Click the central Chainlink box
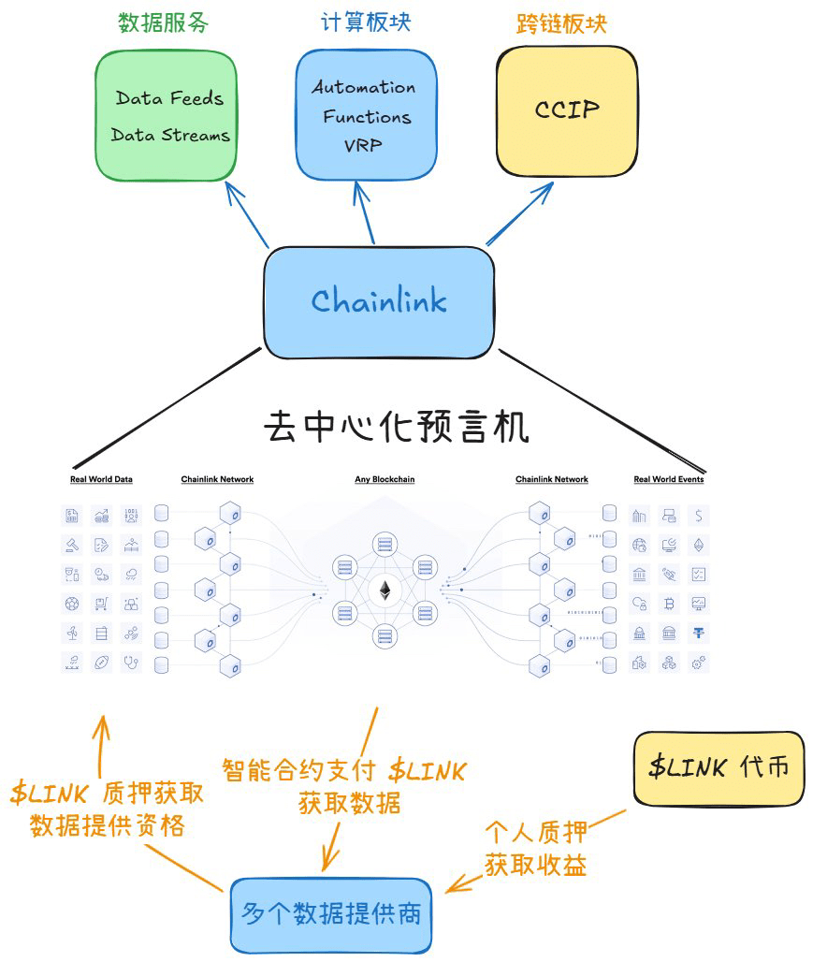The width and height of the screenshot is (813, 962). tap(378, 301)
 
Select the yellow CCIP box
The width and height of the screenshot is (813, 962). tap(566, 109)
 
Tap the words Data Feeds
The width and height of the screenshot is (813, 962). tap(169, 98)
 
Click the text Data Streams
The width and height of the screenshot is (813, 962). tap(169, 135)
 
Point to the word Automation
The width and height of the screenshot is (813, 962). tap(364, 87)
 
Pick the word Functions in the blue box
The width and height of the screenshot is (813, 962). tap(367, 117)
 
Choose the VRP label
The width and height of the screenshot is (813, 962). tap(363, 147)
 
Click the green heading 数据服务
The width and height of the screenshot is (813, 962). tap(164, 23)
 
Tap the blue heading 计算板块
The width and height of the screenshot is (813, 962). tap(366, 23)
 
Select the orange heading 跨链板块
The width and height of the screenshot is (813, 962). tap(561, 23)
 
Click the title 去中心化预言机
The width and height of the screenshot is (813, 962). tap(397, 427)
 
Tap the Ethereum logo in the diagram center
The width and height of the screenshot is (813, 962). tap(385, 590)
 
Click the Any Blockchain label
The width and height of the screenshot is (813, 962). tap(385, 480)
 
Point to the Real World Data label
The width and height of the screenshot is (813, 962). tap(101, 480)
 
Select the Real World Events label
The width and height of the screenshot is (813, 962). tap(668, 480)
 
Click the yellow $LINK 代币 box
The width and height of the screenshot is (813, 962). tap(718, 768)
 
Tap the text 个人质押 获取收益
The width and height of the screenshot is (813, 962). tap(535, 849)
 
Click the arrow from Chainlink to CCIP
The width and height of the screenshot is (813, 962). tap(520, 214)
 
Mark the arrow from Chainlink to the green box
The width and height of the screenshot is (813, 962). tap(247, 214)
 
